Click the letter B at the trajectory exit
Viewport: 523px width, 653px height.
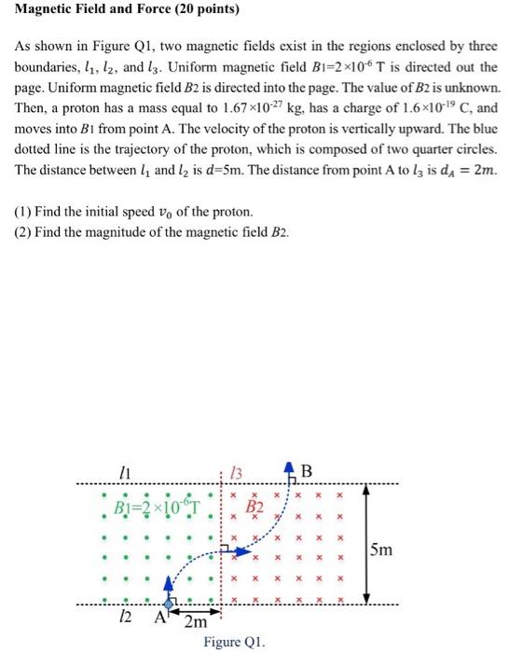[x=308, y=470]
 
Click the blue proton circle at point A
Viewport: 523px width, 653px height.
[x=169, y=605]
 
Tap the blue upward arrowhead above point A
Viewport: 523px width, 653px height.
[x=169, y=582]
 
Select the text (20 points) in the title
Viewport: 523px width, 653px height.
[x=204, y=10]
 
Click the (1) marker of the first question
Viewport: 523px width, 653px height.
[x=24, y=212]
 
